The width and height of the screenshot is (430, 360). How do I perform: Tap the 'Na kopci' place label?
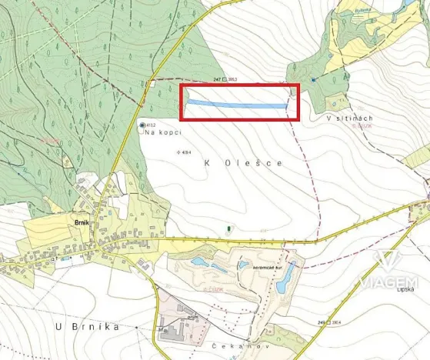coord(161,133)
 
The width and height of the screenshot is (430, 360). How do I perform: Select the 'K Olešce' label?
coord(243,163)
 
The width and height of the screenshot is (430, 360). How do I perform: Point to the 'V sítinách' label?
coord(349,118)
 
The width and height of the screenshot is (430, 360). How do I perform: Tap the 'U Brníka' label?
coord(88,327)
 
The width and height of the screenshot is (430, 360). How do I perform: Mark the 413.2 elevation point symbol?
coord(142,125)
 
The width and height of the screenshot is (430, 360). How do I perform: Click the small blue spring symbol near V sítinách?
coord(314,79)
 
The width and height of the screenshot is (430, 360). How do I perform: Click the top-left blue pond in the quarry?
coord(199,262)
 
